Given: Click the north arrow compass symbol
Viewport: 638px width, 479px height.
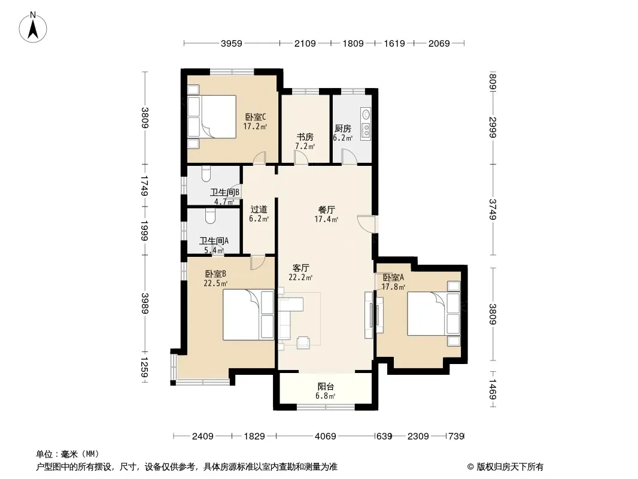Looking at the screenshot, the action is pos(33,28).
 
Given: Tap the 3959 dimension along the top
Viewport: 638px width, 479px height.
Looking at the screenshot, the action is pos(231,43).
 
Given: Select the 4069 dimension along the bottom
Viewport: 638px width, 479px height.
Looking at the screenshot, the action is pos(326,436).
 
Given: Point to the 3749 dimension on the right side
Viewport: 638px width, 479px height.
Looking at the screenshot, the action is pos(493,209).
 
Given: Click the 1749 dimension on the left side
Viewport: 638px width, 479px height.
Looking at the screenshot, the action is pos(144,185).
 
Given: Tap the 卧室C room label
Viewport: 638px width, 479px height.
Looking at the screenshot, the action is pos(256,117).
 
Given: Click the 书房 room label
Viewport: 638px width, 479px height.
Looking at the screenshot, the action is pos(305,137).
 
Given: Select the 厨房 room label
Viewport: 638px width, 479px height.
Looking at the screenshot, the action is pos(342,129).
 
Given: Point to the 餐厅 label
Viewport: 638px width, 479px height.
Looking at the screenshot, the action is pos(326,210).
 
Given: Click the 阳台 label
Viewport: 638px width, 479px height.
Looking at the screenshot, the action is pos(326,387).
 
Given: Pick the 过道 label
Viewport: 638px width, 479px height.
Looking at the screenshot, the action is pos(259,209).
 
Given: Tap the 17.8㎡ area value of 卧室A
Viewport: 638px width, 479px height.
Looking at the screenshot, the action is pos(393,287).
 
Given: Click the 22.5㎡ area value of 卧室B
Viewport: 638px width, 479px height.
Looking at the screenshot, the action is pos(215,283).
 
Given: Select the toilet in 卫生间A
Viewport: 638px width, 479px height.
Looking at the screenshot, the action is pos(210,216).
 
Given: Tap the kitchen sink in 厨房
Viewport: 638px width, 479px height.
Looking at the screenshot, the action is pos(366,114).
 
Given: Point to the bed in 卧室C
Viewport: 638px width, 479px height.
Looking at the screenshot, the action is pos(212,117).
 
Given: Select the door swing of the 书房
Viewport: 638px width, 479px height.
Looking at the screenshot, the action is pos(301,157).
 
